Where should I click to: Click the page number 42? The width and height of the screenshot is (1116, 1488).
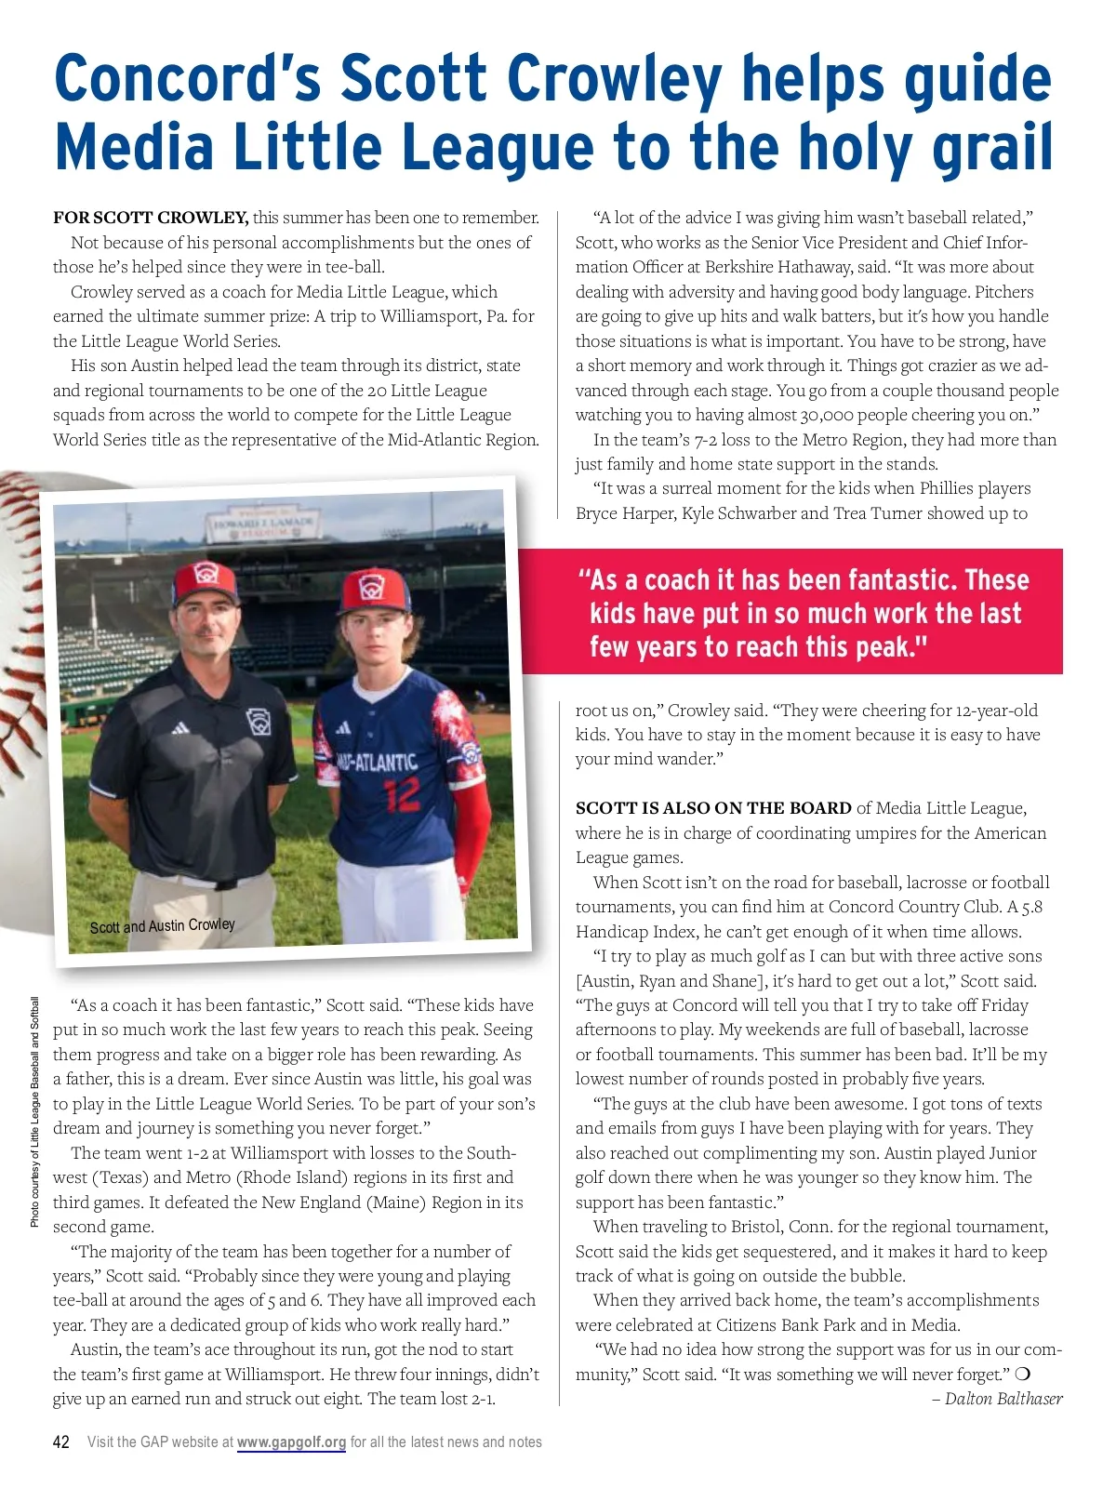coord(61,1441)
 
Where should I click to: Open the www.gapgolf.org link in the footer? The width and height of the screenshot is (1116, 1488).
coord(291,1441)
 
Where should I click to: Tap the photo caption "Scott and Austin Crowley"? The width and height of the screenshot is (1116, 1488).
coord(162,925)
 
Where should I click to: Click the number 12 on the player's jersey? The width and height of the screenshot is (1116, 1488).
coord(402,794)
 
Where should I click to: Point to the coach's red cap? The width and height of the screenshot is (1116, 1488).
coord(205,584)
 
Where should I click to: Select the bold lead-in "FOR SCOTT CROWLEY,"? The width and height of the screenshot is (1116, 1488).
coord(151,218)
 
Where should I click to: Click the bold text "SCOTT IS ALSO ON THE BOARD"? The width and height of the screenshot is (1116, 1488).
coord(713,808)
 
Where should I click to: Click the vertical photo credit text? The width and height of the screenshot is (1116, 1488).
coord(35,1111)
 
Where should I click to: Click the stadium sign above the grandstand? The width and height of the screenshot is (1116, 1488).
coord(264,525)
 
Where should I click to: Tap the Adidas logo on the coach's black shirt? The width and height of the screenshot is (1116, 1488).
coord(179,726)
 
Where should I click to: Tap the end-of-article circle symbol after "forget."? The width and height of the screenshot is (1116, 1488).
coord(1023,1374)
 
